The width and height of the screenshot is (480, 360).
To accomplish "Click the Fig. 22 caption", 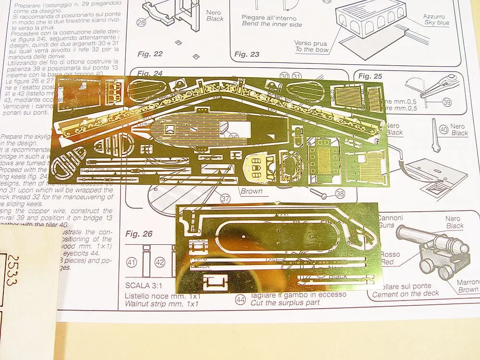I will pyautogui.click(x=150, y=54).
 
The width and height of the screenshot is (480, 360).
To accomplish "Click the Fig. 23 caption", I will pyautogui.click(x=247, y=54).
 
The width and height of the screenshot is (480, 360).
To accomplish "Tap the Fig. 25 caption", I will pyautogui.click(x=370, y=76).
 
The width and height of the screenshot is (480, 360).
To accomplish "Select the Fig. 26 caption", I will pyautogui.click(x=139, y=234).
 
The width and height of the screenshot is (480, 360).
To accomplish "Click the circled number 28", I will pyautogui.click(x=141, y=23).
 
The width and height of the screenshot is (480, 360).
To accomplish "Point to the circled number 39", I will pyautogui.click(x=447, y=102).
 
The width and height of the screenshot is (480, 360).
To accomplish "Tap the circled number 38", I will pyautogui.click(x=340, y=193).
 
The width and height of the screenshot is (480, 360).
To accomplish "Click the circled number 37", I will pyautogui.click(x=226, y=198).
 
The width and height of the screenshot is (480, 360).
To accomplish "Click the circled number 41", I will pyautogui.click(x=131, y=263).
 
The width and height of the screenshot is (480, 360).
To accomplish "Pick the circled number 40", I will pyautogui.click(x=444, y=130).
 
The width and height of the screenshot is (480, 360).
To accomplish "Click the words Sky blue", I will pyautogui.click(x=437, y=23).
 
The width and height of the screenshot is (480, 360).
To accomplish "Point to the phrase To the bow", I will pyautogui.click(x=312, y=49).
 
